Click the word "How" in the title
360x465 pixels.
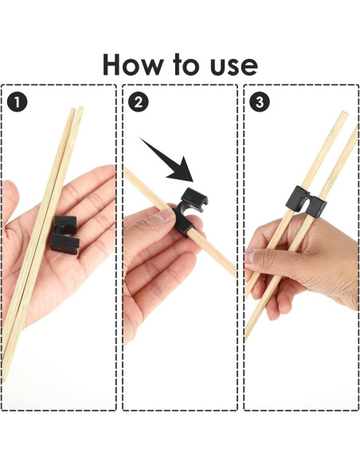(133, 64)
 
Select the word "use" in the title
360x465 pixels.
(233, 67)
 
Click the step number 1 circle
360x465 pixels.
(18, 102)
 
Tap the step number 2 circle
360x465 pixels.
(139, 102)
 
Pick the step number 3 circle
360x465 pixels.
(260, 102)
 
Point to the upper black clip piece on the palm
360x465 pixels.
(65, 225)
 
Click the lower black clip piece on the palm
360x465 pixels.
(65, 244)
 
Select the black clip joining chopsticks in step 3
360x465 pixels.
(306, 201)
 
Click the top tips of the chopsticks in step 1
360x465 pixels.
(76, 109)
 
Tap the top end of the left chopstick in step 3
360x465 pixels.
(344, 113)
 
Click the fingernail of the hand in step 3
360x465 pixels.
(249, 256)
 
